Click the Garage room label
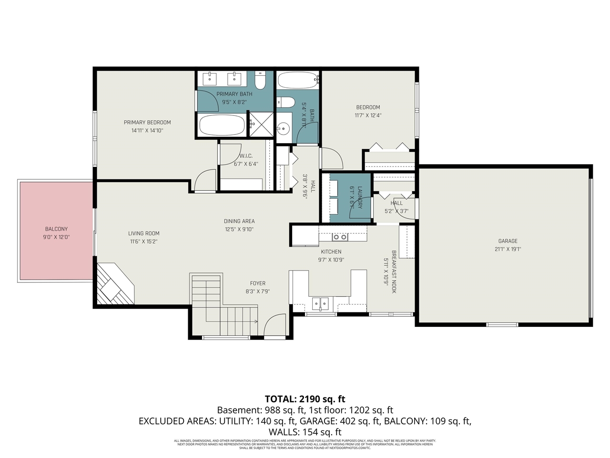[x=508, y=241]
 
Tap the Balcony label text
[x=56, y=229]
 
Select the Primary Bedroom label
[x=147, y=122]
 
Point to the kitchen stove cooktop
[x=340, y=237]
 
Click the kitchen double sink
[x=320, y=303]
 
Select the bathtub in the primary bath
[x=222, y=125]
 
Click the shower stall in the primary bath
[x=261, y=125]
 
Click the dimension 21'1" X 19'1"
[x=508, y=249]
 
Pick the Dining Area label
[x=239, y=221]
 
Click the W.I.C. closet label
[x=246, y=156]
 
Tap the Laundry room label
[x=359, y=197]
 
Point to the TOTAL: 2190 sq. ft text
[x=305, y=399]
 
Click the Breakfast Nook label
[x=394, y=272]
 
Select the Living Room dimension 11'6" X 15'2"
[x=143, y=241]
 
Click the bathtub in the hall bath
[x=298, y=80]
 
